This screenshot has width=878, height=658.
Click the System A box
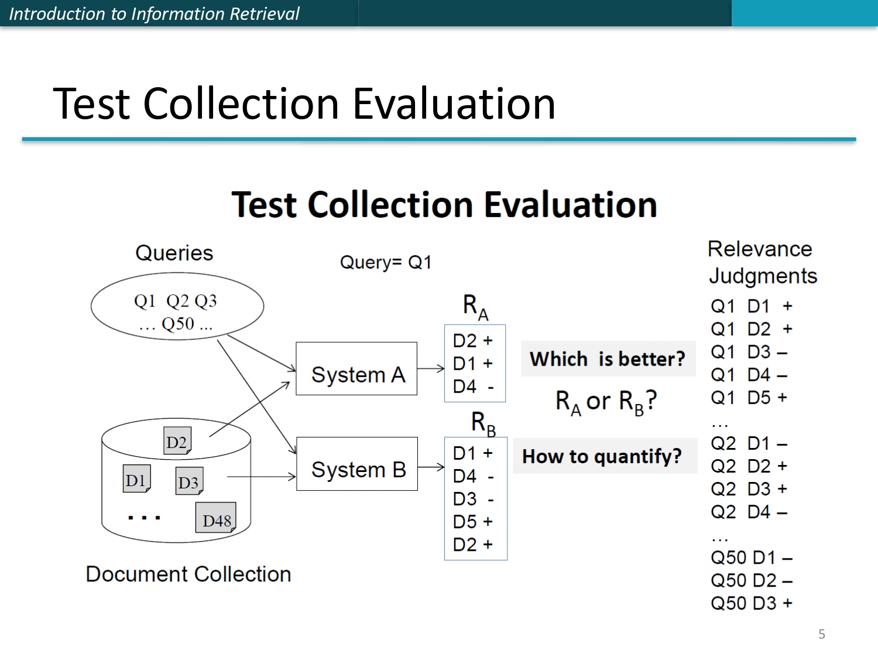[356, 369]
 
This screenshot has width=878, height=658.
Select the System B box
[357, 464]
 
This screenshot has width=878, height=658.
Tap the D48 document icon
[216, 518]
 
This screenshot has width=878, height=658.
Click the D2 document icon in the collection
[177, 441]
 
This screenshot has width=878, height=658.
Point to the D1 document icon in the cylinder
[136, 479]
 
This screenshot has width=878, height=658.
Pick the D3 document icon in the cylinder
[189, 481]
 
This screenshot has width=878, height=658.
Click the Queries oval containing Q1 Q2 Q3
[177, 306]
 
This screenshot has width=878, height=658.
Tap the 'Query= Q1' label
[386, 263]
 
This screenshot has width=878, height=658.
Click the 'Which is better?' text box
[608, 359]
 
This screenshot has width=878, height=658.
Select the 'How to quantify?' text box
[602, 456]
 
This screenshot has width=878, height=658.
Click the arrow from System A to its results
[431, 368]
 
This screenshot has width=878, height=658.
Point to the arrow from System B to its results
[431, 467]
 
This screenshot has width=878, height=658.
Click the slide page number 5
[822, 634]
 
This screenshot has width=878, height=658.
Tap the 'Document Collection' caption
[188, 574]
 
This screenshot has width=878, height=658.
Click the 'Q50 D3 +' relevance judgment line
[752, 603]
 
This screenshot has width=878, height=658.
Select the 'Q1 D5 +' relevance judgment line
[749, 398]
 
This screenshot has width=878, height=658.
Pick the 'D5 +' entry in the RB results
[473, 521]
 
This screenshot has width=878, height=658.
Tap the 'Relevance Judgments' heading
[762, 263]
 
